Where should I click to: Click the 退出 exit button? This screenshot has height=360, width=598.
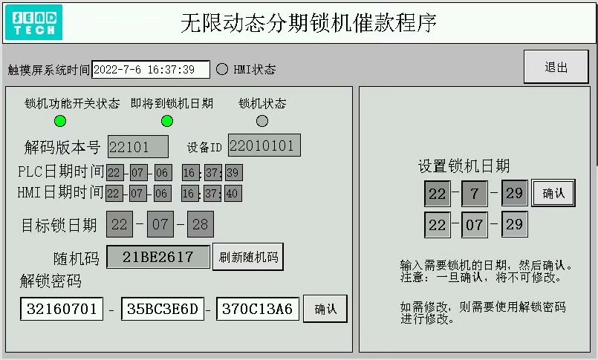tap(556, 67)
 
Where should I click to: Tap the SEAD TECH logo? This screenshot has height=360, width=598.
tap(33, 22)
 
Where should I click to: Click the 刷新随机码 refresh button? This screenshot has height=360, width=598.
tap(248, 258)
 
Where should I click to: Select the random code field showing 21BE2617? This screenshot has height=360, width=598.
tap(157, 258)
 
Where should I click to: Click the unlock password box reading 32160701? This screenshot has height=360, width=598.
tap(62, 309)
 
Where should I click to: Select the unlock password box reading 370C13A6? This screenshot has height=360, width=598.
tap(257, 309)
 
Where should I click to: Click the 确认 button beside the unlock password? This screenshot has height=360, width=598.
tap(325, 309)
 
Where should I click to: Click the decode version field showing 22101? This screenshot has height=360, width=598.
tap(138, 146)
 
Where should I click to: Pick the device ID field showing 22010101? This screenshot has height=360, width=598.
tap(264, 145)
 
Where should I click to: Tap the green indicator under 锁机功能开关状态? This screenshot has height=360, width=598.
tap(60, 121)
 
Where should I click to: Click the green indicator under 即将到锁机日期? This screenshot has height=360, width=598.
tap(167, 121)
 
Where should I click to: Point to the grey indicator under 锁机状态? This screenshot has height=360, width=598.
tap(261, 121)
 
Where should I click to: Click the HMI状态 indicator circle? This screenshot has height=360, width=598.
tap(221, 69)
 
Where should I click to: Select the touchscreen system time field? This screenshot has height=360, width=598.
tap(150, 69)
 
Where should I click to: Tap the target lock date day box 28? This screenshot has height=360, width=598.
tap(200, 223)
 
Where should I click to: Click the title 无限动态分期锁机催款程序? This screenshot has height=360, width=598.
tap(308, 23)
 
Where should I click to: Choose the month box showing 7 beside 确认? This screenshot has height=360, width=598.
tap(474, 194)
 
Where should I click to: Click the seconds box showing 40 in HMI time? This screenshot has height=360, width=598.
tap(233, 193)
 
